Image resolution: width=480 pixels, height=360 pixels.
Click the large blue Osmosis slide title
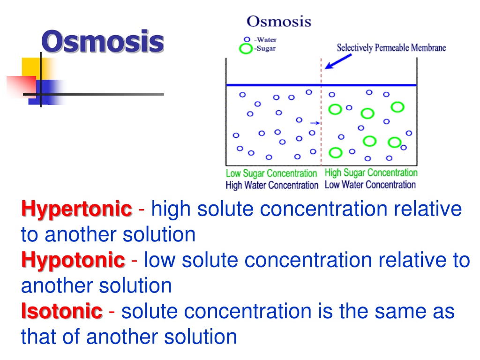103,42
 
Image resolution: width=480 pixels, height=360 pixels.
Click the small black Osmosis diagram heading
279,22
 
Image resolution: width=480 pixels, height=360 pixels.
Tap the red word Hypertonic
76,210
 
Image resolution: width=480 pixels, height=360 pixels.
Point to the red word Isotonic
62,311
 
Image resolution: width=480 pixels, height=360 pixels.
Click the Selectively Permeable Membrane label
391,48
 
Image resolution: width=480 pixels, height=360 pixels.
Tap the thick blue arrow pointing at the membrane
338,61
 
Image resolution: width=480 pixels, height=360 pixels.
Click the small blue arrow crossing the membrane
315,123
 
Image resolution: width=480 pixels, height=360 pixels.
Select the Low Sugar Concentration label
271,173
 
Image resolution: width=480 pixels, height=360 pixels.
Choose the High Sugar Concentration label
371,172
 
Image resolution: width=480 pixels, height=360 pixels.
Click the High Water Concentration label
272,185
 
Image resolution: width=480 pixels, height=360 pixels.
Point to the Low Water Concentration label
370,185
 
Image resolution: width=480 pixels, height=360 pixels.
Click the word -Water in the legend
265,40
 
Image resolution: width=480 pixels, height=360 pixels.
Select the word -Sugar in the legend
265,48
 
